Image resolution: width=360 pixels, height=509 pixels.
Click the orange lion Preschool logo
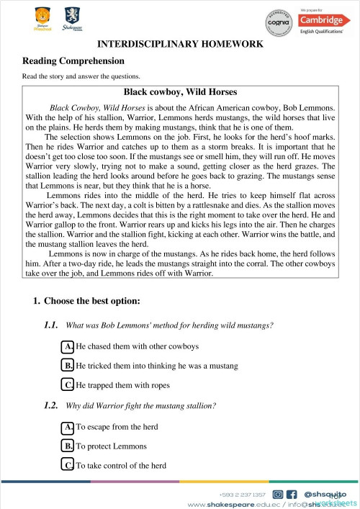(43, 17)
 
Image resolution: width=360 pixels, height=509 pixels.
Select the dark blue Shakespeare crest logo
(72, 17)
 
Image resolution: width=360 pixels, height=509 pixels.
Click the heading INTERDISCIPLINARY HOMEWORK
(180, 44)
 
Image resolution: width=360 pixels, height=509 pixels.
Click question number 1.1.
(50, 325)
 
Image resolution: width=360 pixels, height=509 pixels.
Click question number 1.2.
(50, 405)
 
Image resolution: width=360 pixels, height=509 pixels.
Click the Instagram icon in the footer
(278, 494)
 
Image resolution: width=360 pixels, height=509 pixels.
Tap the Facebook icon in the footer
(292, 494)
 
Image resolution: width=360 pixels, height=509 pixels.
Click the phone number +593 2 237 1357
(243, 495)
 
